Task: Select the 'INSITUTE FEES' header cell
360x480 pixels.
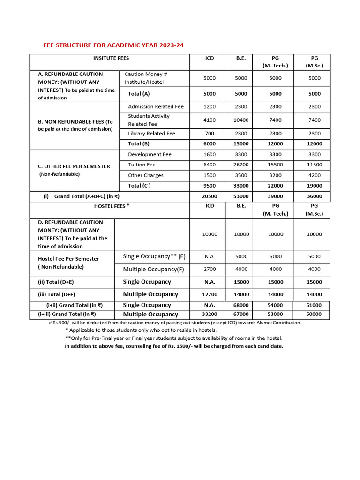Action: (111, 58)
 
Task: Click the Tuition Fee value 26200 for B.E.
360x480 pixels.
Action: (241, 165)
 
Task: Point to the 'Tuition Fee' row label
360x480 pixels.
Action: (142, 165)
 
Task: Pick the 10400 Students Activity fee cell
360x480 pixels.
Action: (241, 120)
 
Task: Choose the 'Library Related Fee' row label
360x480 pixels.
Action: (151, 134)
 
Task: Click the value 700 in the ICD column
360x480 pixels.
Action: (210, 134)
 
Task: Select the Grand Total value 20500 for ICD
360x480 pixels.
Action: (210, 197)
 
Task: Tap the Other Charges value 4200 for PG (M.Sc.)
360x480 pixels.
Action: (315, 175)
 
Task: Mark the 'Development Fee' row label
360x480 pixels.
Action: (150, 155)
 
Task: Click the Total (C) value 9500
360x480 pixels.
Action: (210, 186)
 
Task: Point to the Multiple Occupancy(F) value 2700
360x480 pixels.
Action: (210, 269)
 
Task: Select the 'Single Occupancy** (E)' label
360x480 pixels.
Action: (154, 256)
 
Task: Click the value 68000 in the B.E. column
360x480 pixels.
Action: (241, 305)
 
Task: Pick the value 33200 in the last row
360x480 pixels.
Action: (210, 315)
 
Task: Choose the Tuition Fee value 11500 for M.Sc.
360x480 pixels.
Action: (315, 165)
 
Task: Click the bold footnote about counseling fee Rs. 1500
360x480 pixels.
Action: (174, 346)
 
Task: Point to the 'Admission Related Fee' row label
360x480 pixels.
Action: (156, 107)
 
